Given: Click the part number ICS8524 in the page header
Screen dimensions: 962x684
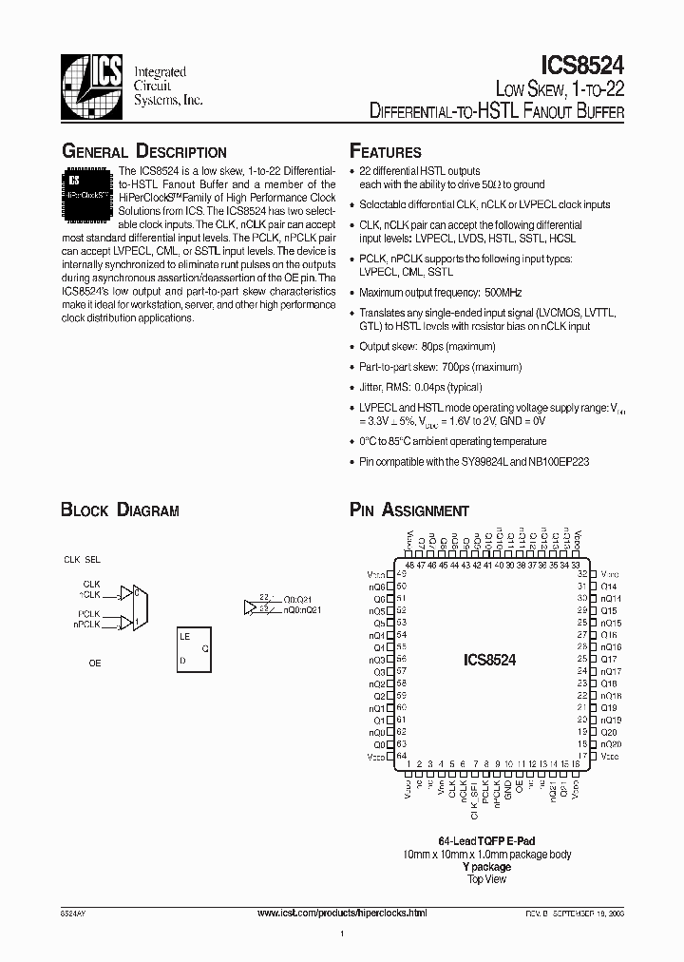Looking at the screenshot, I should tap(582, 65).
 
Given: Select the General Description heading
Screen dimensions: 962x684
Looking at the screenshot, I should tap(143, 152).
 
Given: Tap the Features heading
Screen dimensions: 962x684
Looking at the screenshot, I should tap(386, 152).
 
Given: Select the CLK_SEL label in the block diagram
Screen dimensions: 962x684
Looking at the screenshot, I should tap(82, 561).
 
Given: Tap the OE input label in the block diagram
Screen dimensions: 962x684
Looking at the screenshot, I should tap(95, 664).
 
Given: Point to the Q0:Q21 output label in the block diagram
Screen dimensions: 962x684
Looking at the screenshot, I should tap(295, 600).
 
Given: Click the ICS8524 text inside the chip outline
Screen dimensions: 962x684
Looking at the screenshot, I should tap(489, 659).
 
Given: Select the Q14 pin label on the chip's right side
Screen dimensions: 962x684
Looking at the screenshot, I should tap(609, 587).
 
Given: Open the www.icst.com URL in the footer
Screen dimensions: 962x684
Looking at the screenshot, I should tap(343, 913).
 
